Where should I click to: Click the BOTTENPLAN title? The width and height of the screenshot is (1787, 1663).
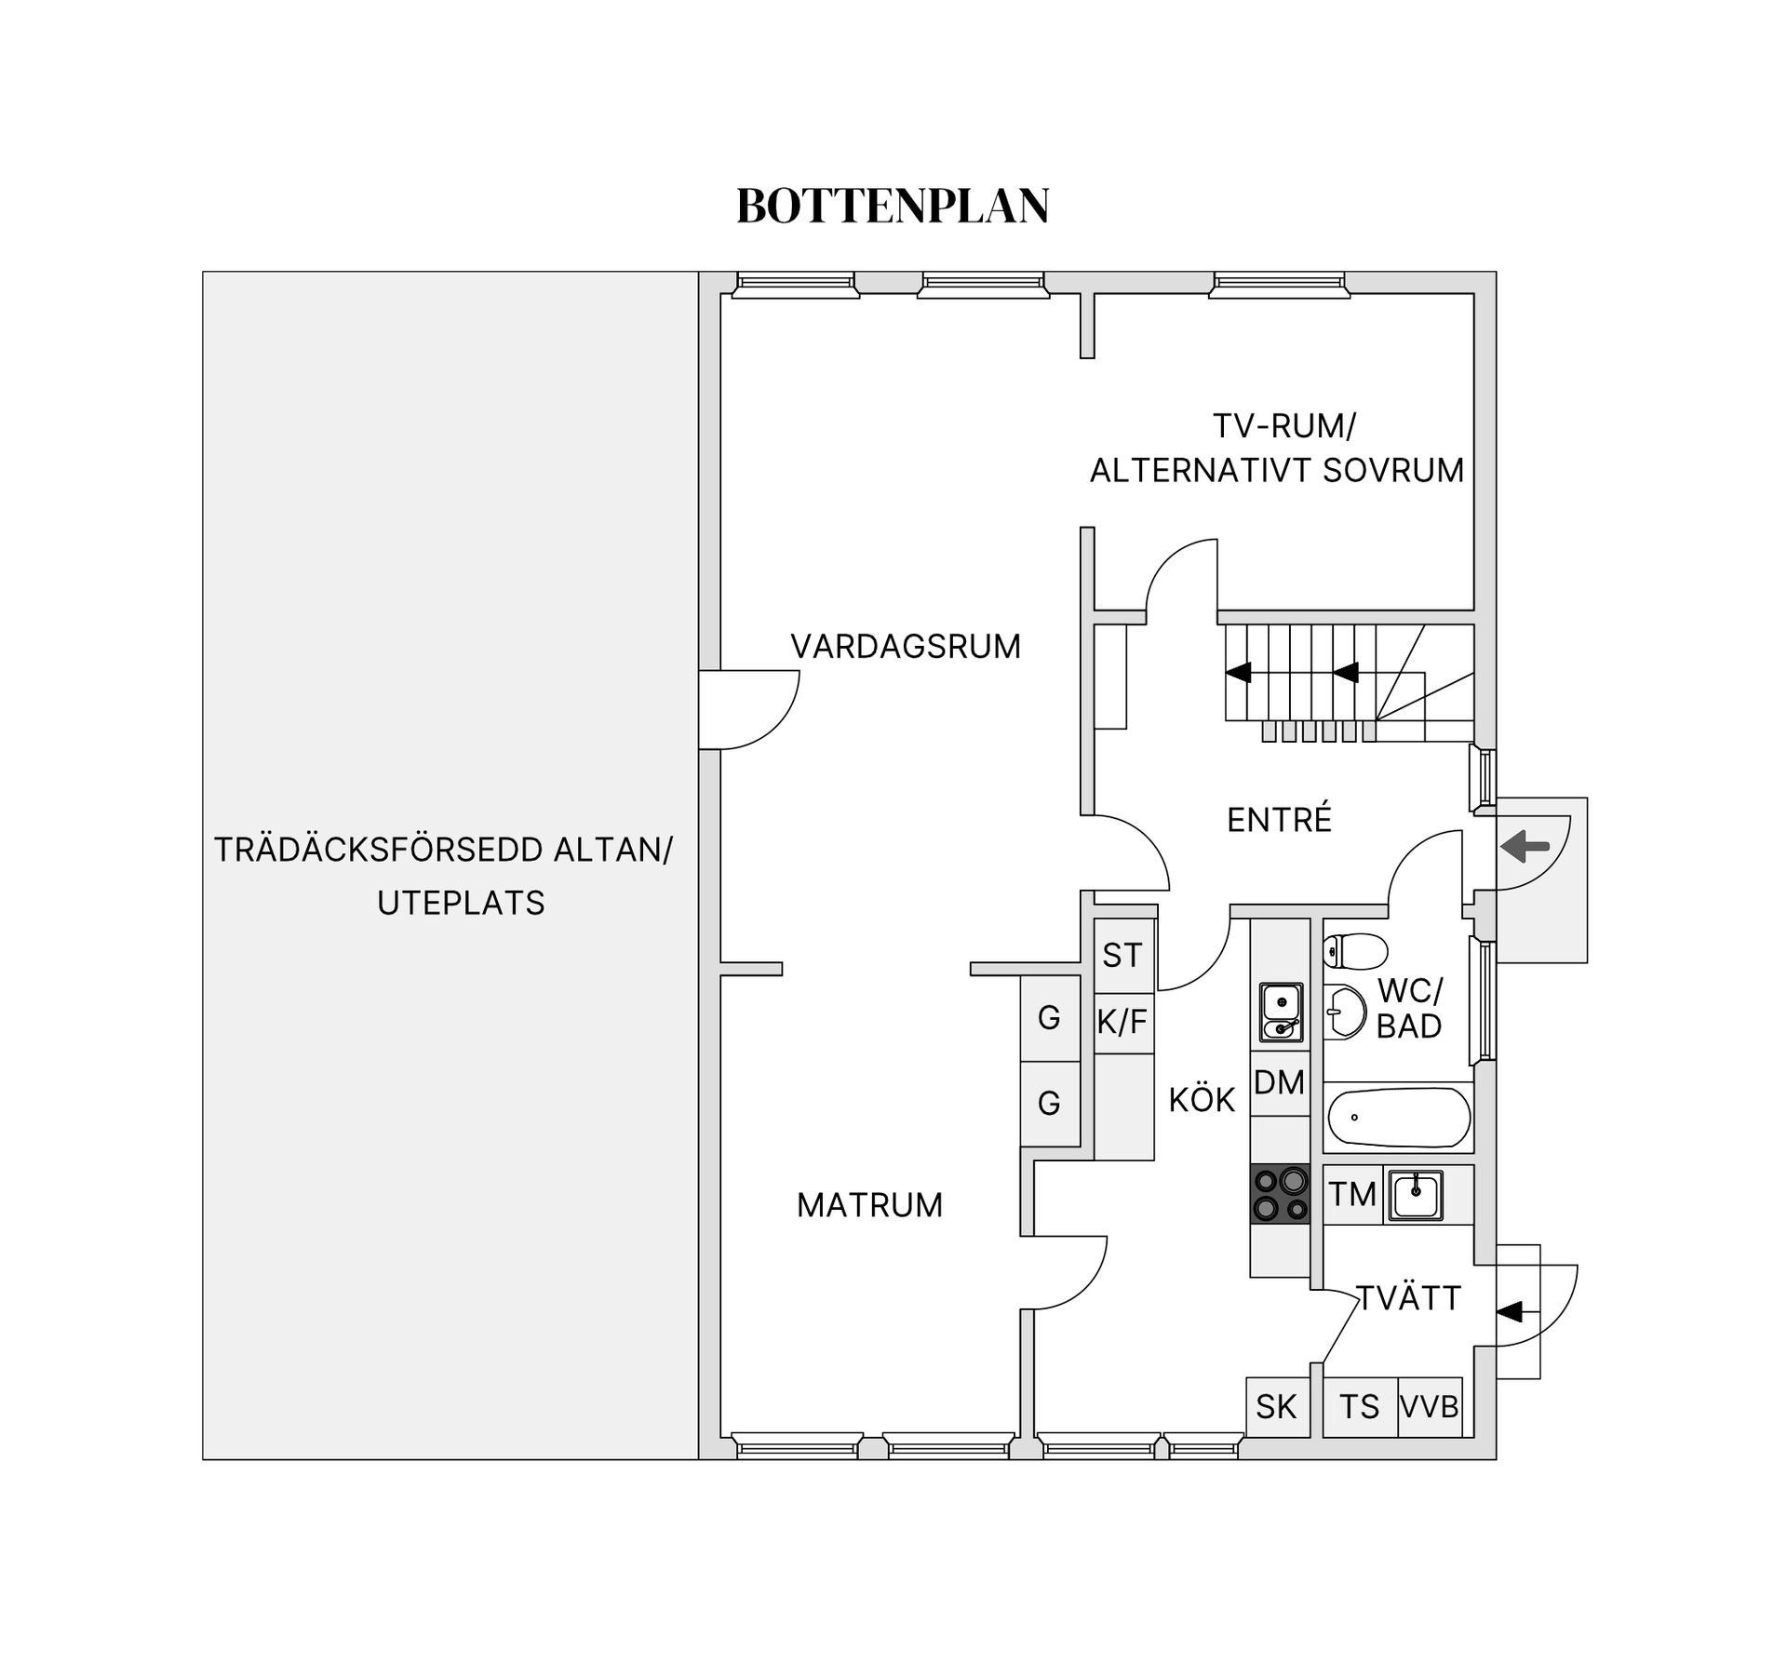(x=893, y=206)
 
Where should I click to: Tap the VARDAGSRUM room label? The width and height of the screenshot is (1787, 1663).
(x=906, y=646)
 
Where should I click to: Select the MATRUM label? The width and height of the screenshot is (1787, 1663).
(x=869, y=1205)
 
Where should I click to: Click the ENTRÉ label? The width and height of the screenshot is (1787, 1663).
(x=1279, y=819)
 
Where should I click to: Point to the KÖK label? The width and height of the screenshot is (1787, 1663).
(x=1202, y=1099)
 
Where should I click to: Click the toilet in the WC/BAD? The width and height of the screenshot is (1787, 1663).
(x=1355, y=951)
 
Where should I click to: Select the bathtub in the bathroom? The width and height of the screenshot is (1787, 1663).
(x=1398, y=1118)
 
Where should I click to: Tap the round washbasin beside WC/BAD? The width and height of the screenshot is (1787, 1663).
(x=1345, y=1011)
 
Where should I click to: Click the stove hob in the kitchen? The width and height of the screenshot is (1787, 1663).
(x=1280, y=1194)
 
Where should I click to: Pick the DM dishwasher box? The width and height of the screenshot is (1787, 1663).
(x=1280, y=1082)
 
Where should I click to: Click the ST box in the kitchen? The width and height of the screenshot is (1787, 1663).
(x=1123, y=955)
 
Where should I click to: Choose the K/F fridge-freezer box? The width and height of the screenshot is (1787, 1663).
(x=1123, y=1022)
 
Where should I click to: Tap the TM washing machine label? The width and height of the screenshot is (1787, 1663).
(x=1352, y=1194)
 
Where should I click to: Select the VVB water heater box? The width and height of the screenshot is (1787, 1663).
(x=1430, y=1406)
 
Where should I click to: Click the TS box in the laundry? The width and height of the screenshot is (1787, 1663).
(x=1360, y=1406)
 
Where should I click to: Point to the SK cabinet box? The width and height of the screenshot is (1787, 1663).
(x=1277, y=1406)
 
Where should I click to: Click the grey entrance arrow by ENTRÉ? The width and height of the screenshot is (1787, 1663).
(x=1525, y=846)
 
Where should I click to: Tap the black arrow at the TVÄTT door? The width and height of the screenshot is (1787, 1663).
(x=1509, y=1311)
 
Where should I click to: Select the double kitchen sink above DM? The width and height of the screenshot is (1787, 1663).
(x=1281, y=1012)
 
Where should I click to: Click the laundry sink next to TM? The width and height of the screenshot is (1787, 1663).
(x=1416, y=1195)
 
